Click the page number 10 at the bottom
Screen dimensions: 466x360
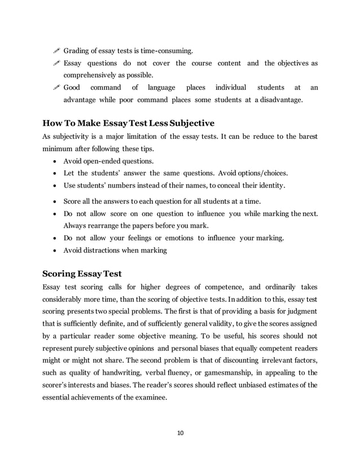[180, 433]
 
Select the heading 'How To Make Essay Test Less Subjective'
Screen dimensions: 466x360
[129, 123]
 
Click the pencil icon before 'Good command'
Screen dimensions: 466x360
[55, 87]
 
